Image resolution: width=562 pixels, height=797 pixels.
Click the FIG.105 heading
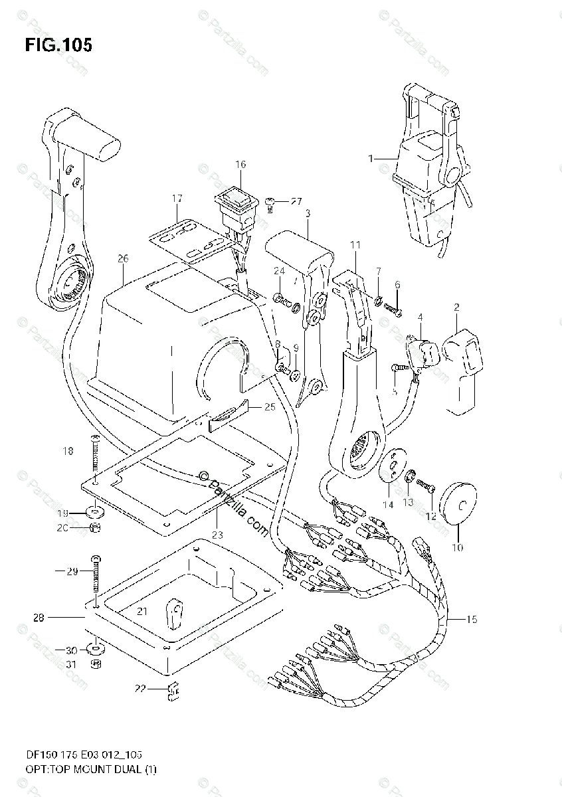tap(58, 44)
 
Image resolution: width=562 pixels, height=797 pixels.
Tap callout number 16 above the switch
tap(240, 164)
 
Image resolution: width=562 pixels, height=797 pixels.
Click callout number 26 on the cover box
tap(122, 258)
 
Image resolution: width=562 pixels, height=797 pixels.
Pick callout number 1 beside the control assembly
tap(371, 158)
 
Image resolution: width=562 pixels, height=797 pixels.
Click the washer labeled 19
tap(96, 513)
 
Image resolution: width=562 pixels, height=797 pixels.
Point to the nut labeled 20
tap(96, 527)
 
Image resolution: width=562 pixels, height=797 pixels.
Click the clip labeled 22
tap(175, 692)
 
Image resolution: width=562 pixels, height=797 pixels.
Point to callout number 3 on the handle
tap(308, 213)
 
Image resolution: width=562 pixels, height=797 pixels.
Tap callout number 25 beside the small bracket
tap(269, 406)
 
